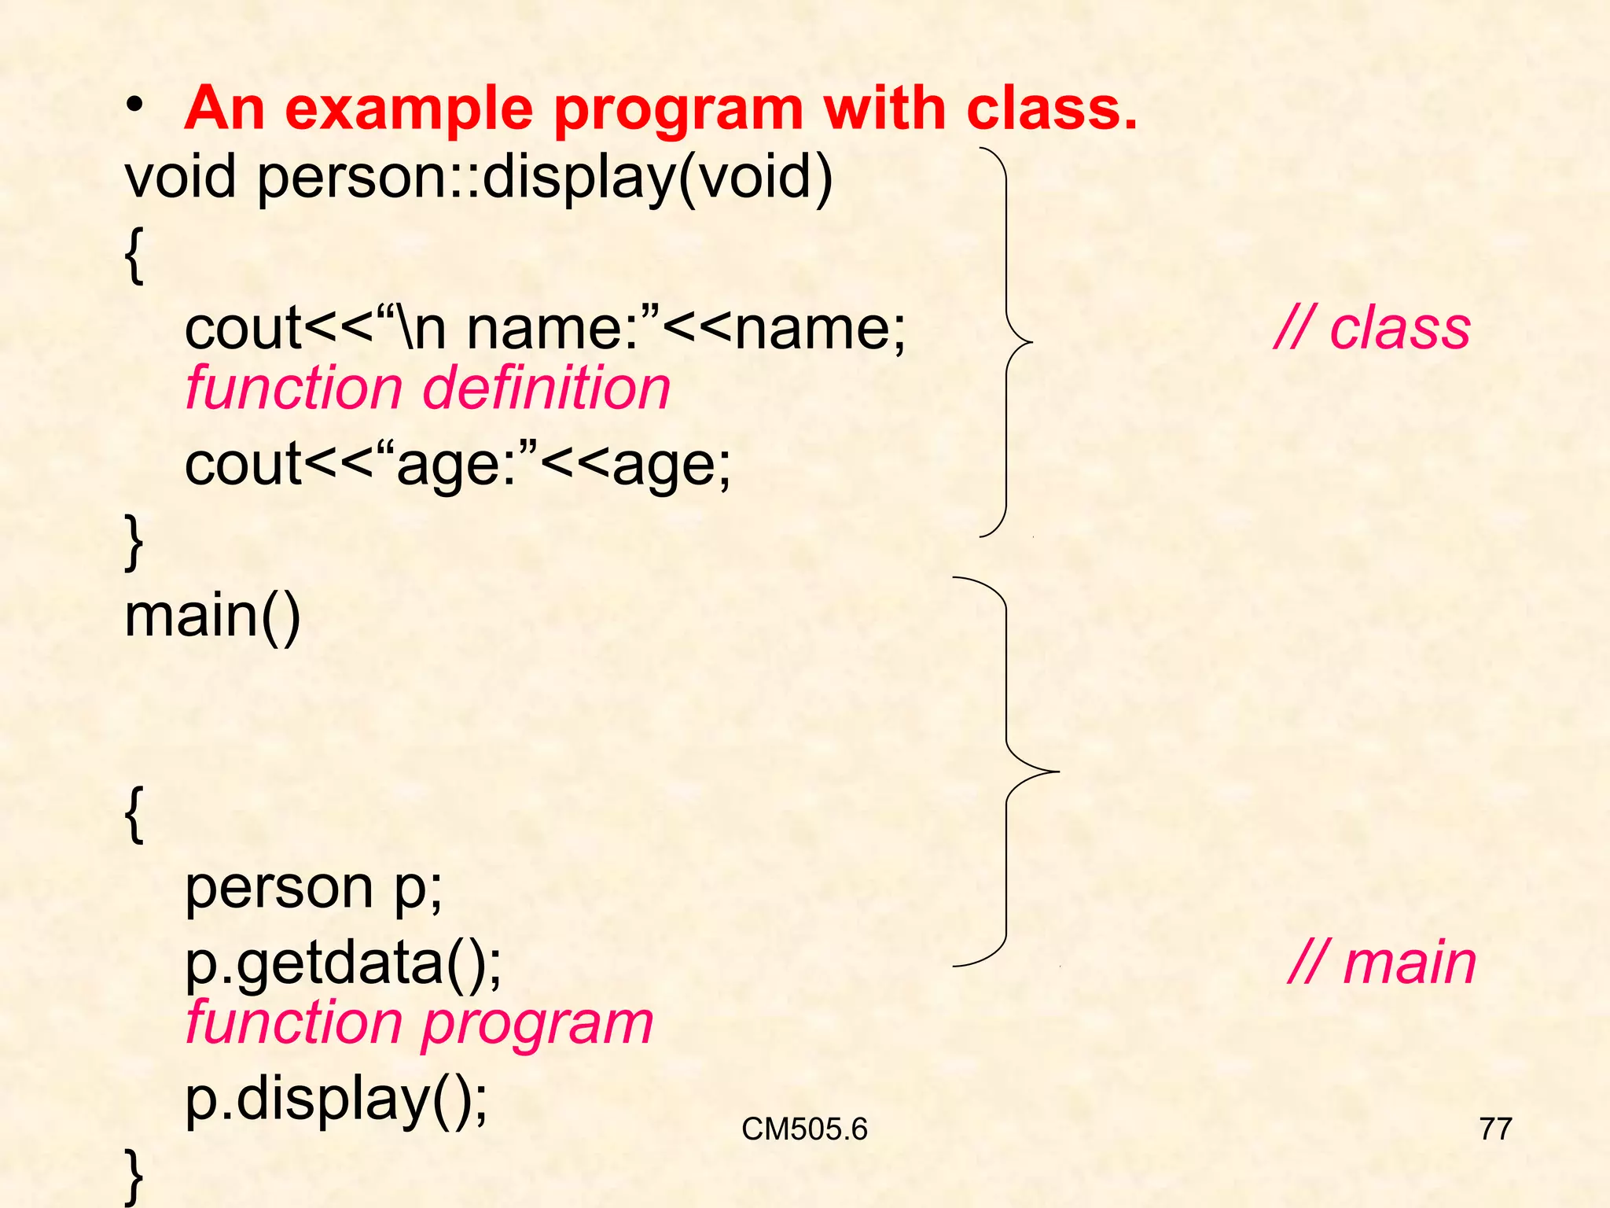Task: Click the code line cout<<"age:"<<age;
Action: pos(458,464)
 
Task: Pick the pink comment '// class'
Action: pos(1372,328)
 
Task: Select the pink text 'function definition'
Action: pos(428,389)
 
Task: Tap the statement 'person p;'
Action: pos(314,889)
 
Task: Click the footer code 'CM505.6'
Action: pos(803,1129)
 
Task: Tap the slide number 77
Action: pos(1495,1129)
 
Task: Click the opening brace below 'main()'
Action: pos(134,816)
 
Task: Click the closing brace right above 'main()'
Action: pos(134,542)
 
